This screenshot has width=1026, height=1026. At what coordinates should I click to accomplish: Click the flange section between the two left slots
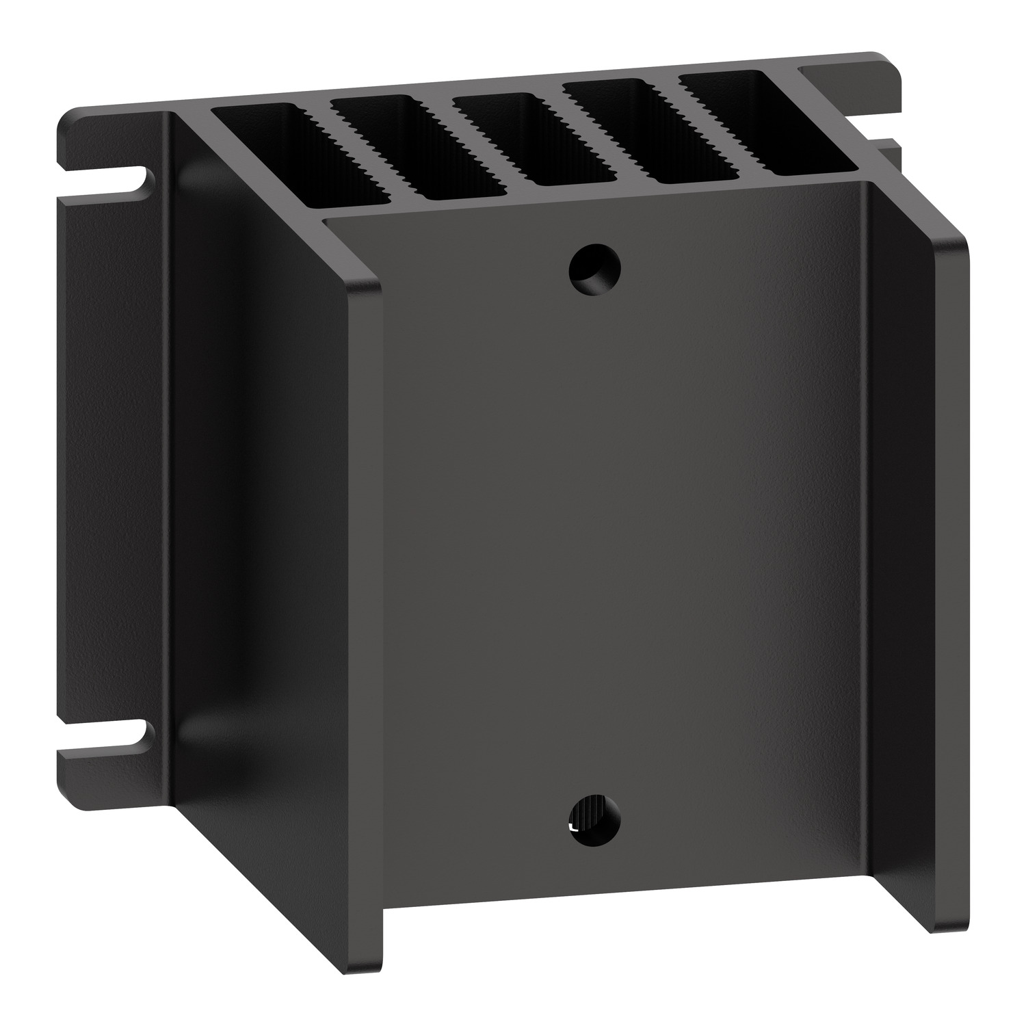[x=109, y=458]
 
